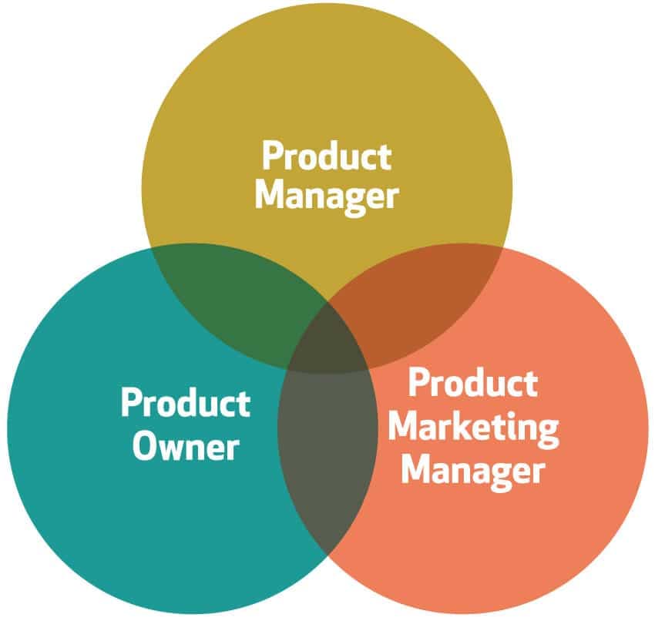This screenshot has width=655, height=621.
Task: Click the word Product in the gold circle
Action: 327,156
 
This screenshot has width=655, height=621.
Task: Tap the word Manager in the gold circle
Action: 327,198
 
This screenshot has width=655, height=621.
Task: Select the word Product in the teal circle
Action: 186,403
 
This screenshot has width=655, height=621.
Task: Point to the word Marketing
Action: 474,429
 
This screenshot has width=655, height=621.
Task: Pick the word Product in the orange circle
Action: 473,383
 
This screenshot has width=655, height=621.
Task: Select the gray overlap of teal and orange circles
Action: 328,451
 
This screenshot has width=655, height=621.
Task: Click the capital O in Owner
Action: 146,446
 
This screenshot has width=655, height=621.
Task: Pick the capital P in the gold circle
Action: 273,156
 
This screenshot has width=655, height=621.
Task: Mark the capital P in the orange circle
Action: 418,383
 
